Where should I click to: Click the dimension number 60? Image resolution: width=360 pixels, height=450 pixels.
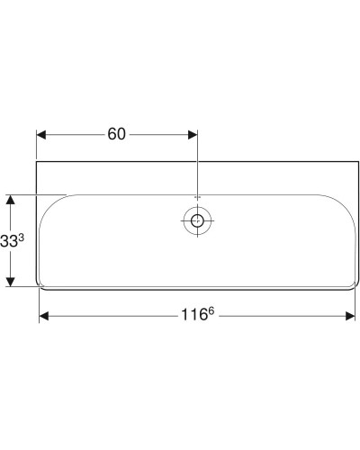tap(116, 134)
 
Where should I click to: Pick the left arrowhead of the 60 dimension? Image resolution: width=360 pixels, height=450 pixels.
tap(41, 135)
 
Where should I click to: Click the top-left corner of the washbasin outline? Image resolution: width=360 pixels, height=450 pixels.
tap(37, 163)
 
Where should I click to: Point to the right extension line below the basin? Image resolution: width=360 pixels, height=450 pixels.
tap(355, 306)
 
